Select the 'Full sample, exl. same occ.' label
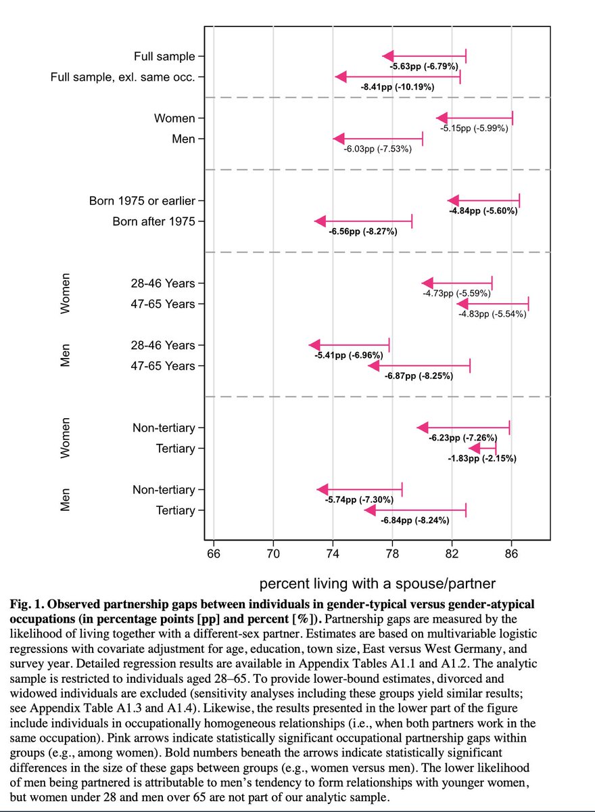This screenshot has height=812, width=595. point(123,77)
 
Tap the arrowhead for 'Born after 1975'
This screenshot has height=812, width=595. point(320,221)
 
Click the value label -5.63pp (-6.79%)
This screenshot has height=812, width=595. point(424,66)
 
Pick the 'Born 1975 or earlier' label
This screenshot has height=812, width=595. point(142,201)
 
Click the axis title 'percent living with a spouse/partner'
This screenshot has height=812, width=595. point(378,583)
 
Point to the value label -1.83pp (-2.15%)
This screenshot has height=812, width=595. point(482,459)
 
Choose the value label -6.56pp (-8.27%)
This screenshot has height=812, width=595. point(363,231)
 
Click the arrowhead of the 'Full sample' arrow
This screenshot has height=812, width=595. point(387,56)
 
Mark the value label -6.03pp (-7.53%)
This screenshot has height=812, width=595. point(377,149)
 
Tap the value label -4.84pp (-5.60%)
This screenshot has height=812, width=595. point(483,211)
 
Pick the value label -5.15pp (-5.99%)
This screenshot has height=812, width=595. point(474,129)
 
